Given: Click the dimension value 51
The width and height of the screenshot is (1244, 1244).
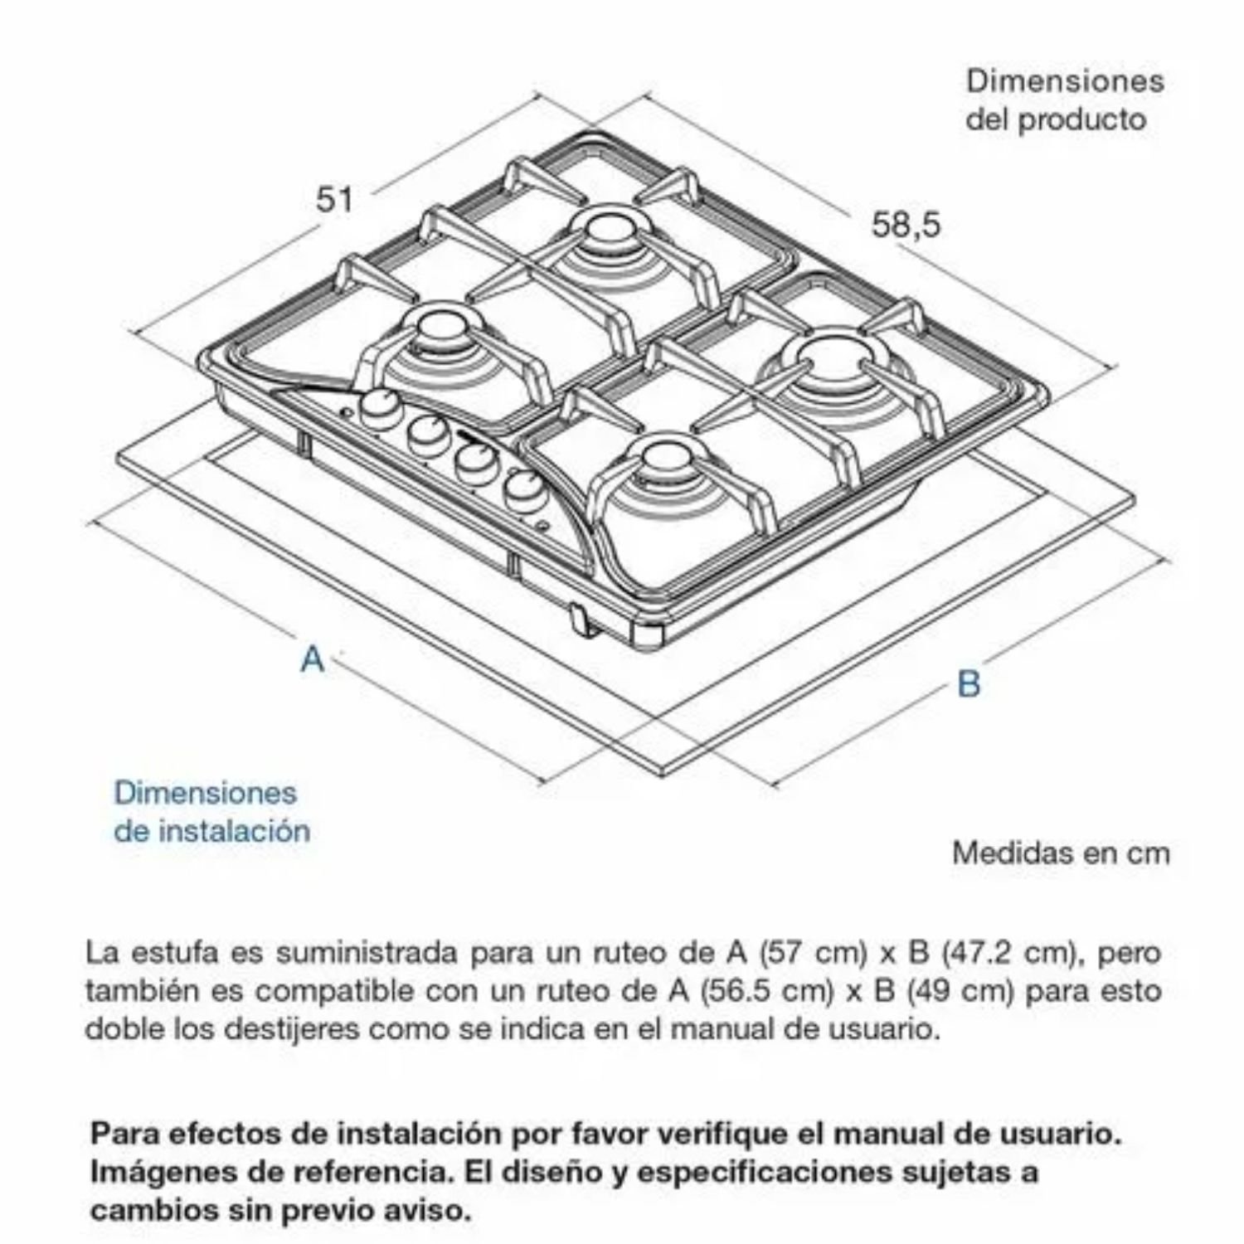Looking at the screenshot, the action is pyautogui.click(x=335, y=200).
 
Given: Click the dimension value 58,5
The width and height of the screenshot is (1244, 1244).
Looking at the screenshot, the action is pyautogui.click(x=906, y=225).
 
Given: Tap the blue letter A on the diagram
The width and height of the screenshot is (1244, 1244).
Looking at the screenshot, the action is pyautogui.click(x=313, y=658).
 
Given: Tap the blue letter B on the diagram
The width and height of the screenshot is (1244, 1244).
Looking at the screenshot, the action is pyautogui.click(x=969, y=683).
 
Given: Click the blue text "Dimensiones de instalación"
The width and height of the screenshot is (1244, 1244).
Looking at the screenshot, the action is pyautogui.click(x=212, y=811).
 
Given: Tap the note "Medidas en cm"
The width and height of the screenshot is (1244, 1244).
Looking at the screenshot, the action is pyautogui.click(x=1061, y=853).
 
